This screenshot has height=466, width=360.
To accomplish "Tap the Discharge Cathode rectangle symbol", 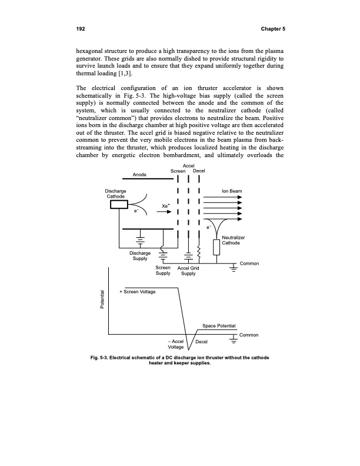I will [x=119, y=205].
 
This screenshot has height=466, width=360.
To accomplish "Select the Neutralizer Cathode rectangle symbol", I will [x=217, y=248].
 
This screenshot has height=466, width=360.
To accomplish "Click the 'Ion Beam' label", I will [x=231, y=191].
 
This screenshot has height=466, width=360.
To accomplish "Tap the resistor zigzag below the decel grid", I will [x=200, y=253].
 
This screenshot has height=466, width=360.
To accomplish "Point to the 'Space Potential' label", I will [x=219, y=325].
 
